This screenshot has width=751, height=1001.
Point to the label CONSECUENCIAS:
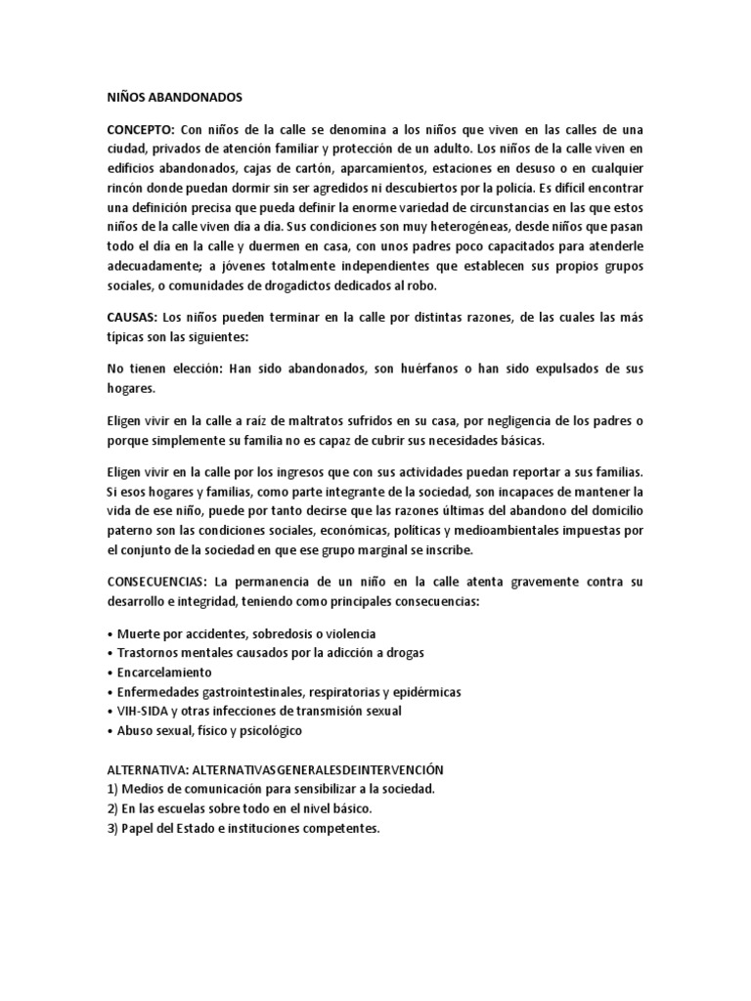point(162,582)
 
